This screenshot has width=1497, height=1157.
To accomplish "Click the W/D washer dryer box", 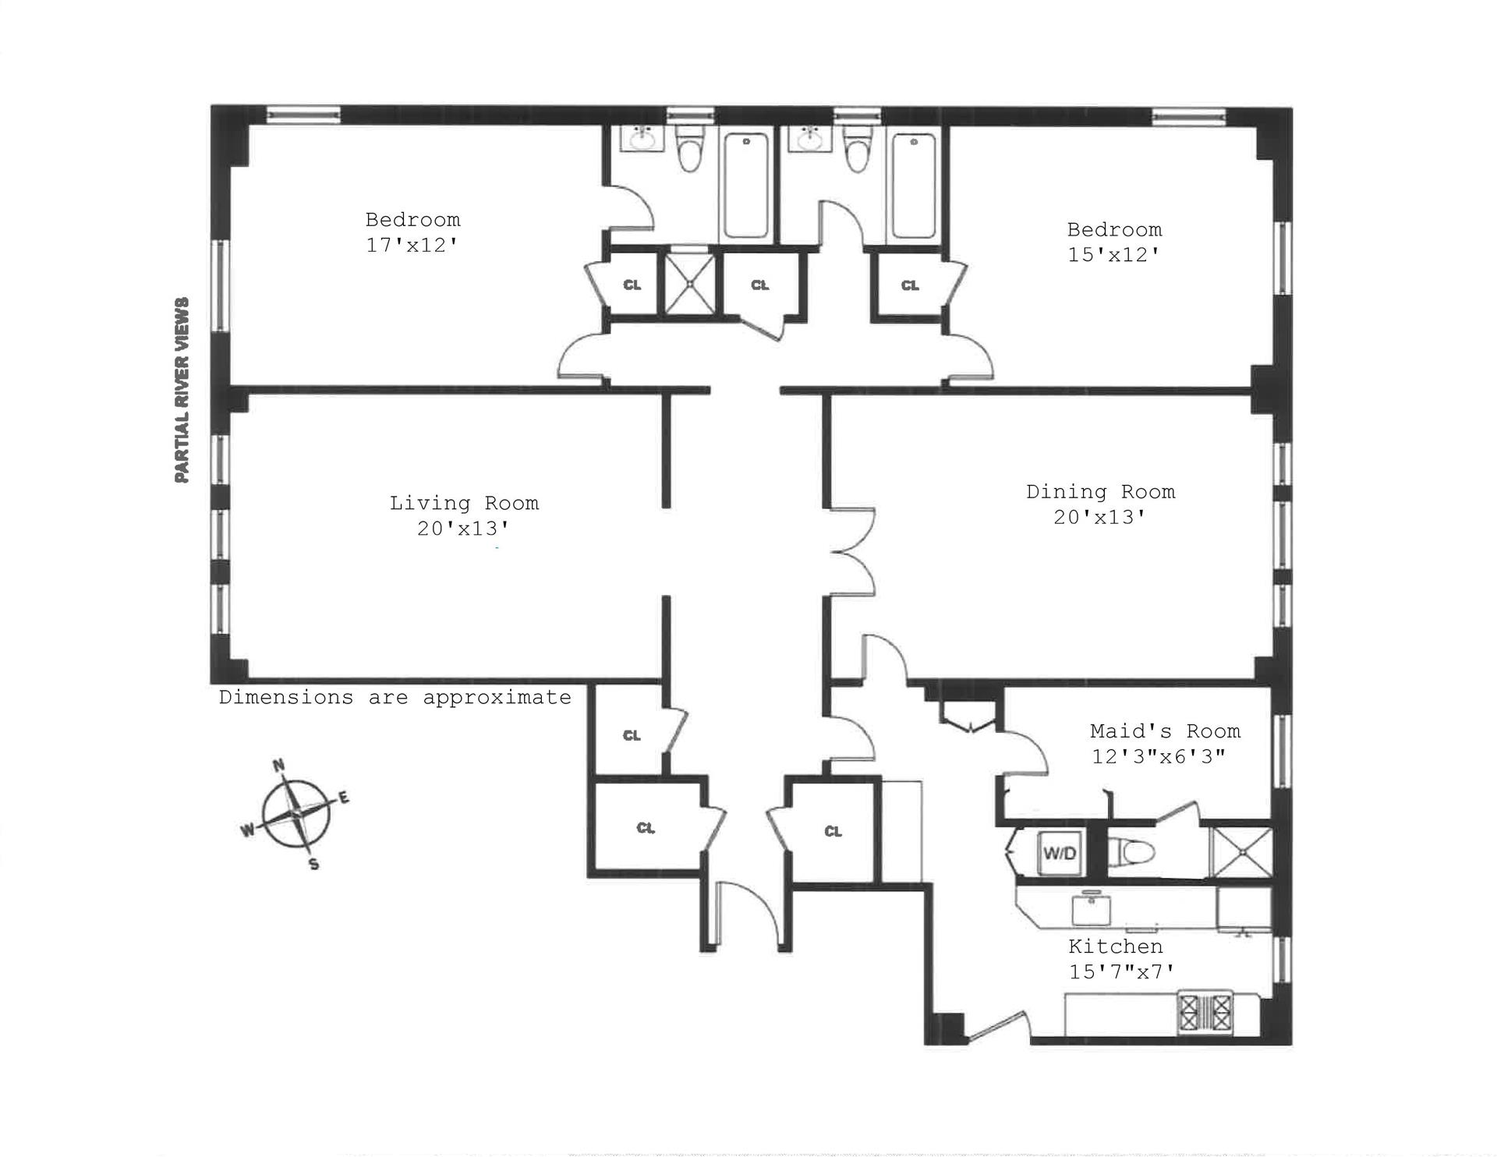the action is pyautogui.click(x=1060, y=853).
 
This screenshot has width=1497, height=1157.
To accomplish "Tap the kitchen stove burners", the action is pyautogui.click(x=1205, y=1013).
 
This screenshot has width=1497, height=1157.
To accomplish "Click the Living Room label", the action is pyautogui.click(x=464, y=503).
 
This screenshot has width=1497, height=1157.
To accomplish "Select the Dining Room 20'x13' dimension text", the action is pyautogui.click(x=1099, y=517).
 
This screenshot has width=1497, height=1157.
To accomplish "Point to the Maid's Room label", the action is pyautogui.click(x=1165, y=731).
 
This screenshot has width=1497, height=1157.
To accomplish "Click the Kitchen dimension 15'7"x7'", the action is pyautogui.click(x=1121, y=971).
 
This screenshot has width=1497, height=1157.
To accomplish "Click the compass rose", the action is pyautogui.click(x=296, y=814).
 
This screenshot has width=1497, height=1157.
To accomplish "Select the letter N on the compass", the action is pyautogui.click(x=278, y=765).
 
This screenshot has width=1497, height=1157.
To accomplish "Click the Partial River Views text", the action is pyautogui.click(x=182, y=390).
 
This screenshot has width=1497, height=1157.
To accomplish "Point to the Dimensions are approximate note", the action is pyautogui.click(x=395, y=697).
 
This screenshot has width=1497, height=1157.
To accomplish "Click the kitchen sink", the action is pyautogui.click(x=1092, y=908).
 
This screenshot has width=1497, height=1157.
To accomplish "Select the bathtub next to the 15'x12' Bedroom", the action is pyautogui.click(x=914, y=186).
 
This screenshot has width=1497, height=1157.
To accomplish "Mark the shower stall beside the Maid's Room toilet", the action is pyautogui.click(x=1240, y=852).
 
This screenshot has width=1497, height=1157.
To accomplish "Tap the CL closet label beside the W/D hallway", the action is pyautogui.click(x=833, y=831).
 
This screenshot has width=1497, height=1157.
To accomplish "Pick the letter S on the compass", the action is pyautogui.click(x=313, y=864).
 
